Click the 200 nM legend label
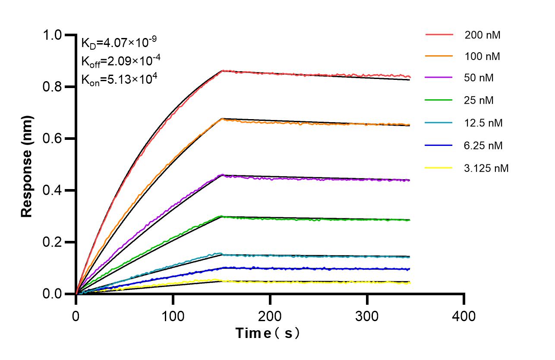pyautogui.click(x=482, y=35)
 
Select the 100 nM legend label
pyautogui.click(x=482, y=57)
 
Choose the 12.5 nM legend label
pyautogui.click(x=483, y=123)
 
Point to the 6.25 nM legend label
pyautogui.click(x=483, y=145)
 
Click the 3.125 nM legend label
pyautogui.click(x=486, y=168)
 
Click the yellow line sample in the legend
pyautogui.click(x=439, y=167)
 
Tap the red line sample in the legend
pyautogui.click(x=439, y=35)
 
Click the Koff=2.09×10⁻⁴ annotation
pyautogui.click(x=121, y=61)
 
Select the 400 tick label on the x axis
pyautogui.click(x=464, y=316)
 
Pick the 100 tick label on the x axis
pyautogui.click(x=173, y=316)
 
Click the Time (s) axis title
pyautogui.click(x=267, y=333)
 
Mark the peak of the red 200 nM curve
pyautogui.click(x=222, y=71)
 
